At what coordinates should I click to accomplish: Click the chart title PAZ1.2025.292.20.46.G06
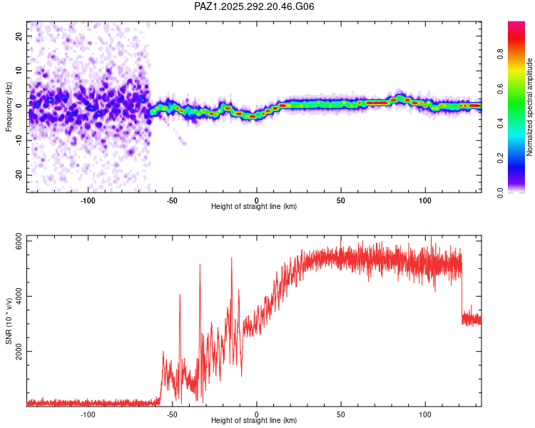click(x=254, y=6)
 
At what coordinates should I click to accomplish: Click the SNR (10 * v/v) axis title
click(x=9, y=321)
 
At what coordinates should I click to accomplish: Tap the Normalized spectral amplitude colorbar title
click(x=530, y=107)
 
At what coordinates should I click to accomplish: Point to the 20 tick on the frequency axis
click(x=19, y=36)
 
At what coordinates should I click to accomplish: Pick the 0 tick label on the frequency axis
click(x=21, y=106)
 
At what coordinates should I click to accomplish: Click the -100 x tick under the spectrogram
click(x=88, y=200)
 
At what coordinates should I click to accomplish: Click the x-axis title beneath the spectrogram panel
click(x=254, y=207)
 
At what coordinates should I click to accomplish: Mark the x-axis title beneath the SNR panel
click(x=254, y=421)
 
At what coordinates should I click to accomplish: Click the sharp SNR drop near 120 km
click(x=462, y=292)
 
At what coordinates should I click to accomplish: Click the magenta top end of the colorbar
click(x=516, y=24)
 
